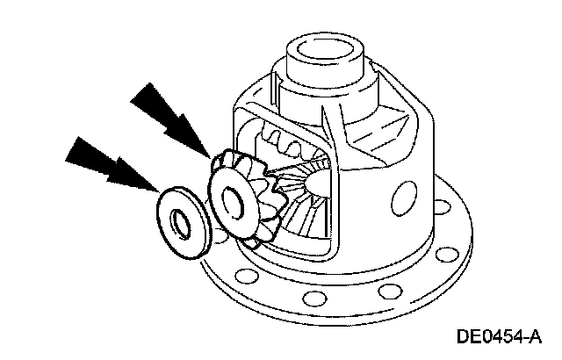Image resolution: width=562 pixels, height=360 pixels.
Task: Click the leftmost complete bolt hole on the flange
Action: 247,280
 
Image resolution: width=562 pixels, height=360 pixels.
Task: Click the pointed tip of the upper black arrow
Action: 210,157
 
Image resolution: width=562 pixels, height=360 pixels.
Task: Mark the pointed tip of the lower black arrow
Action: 157,191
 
